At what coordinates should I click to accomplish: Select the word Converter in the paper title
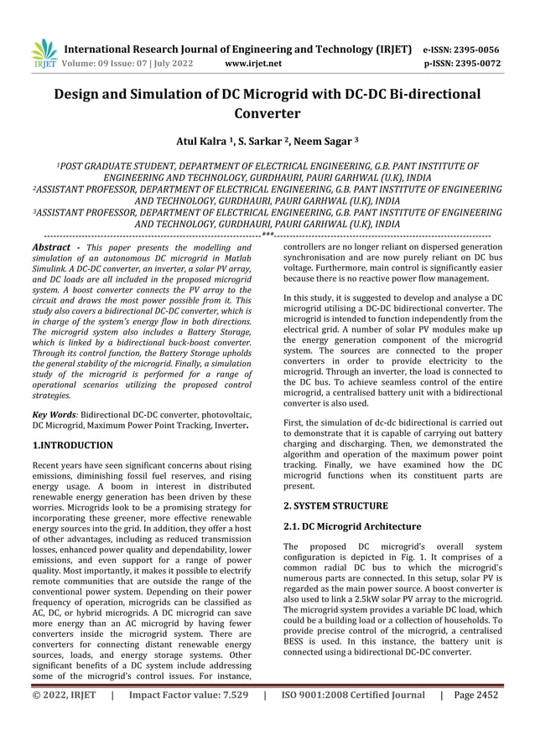(x=267, y=113)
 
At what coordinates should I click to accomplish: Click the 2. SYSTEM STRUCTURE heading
(x=335, y=506)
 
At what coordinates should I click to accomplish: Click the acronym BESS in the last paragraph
(x=298, y=639)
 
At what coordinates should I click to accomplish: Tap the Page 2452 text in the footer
(x=477, y=695)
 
